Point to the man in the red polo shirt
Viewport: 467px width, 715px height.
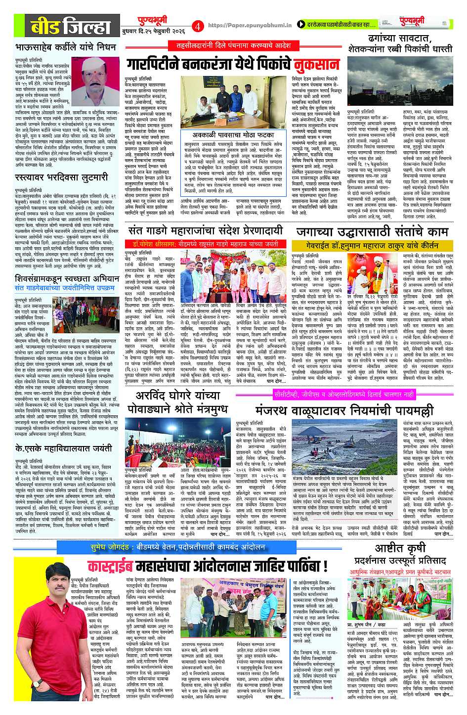click(35, 643)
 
